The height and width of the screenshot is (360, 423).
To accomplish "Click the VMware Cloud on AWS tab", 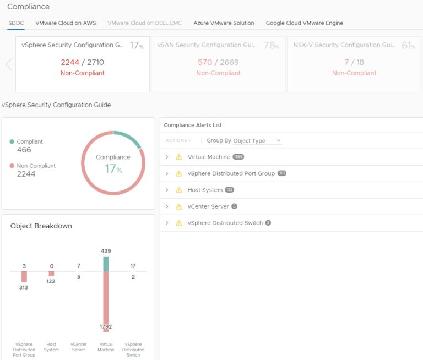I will [x=66, y=23].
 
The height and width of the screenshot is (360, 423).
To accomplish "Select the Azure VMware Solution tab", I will [x=224, y=23].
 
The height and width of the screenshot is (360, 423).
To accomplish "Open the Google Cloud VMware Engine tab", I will [x=304, y=23].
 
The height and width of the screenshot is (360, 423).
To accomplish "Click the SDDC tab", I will [x=16, y=23].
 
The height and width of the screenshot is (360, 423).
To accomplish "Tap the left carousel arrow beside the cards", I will [x=8, y=64].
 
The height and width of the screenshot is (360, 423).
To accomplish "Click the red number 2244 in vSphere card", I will [x=70, y=62].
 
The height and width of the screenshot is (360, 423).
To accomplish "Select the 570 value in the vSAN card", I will [x=205, y=62].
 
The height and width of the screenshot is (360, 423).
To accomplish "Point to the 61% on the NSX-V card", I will [x=408, y=46].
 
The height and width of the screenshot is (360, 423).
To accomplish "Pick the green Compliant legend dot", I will [x=12, y=141].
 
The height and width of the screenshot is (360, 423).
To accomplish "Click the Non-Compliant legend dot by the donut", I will [x=12, y=166].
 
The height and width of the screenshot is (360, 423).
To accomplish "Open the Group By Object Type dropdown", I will [x=257, y=141].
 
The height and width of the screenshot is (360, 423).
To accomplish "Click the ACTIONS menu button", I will [x=178, y=141].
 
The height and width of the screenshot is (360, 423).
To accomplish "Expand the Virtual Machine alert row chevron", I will [x=167, y=157].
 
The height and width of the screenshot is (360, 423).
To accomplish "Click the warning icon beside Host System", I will [x=178, y=190].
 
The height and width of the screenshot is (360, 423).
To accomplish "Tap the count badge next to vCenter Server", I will [x=234, y=206].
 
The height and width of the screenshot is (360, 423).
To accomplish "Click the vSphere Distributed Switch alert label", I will [x=225, y=223].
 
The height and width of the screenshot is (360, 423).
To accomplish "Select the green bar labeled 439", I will [x=106, y=264].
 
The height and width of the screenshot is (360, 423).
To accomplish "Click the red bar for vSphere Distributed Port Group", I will [x=24, y=276].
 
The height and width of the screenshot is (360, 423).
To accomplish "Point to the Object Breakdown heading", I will [x=41, y=226].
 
